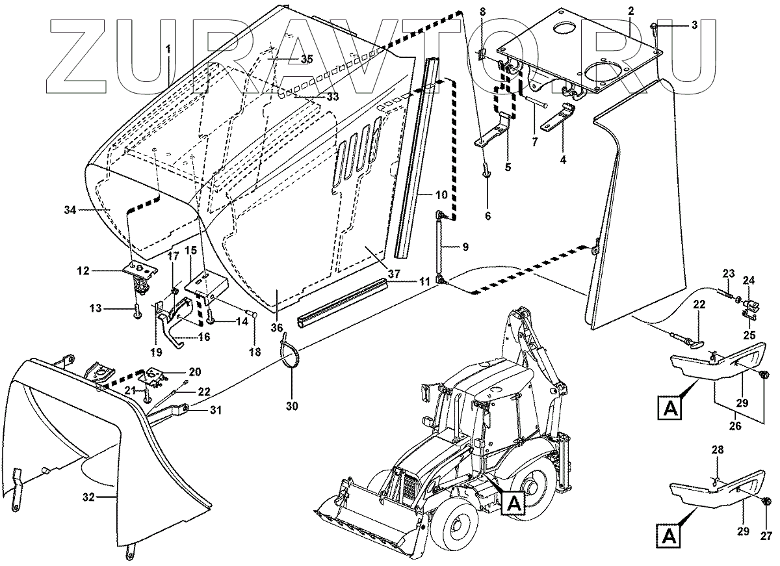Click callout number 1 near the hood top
(x=168, y=49)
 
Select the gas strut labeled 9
(x=441, y=247)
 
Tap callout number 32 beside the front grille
(x=89, y=496)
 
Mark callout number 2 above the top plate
(x=630, y=10)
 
